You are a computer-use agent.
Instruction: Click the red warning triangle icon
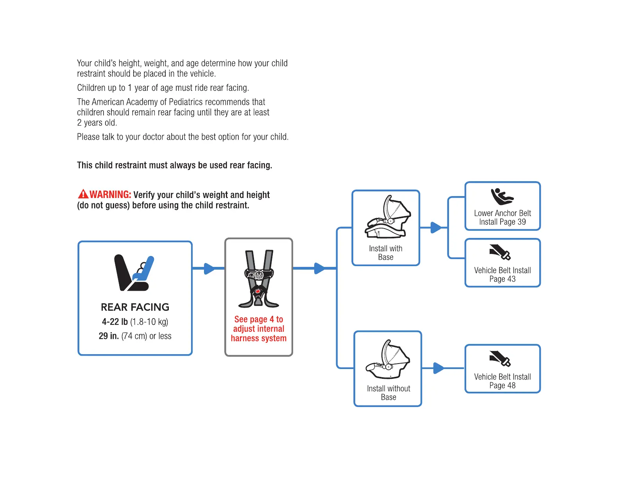(83, 194)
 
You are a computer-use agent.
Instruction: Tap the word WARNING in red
(110, 194)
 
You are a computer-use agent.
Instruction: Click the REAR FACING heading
(135, 307)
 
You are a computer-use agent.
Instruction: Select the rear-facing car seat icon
(134, 273)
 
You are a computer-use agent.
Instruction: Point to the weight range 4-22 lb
(115, 322)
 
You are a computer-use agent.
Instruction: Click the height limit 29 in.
(109, 336)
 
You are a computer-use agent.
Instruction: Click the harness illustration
(258, 279)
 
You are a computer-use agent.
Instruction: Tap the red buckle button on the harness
(258, 292)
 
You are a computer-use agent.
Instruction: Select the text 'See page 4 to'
(258, 319)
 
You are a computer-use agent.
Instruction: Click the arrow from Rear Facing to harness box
(209, 268)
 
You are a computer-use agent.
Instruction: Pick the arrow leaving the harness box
(319, 268)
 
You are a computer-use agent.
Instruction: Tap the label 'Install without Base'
(388, 393)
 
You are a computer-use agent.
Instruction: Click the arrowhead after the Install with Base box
(436, 227)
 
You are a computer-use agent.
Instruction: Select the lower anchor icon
(502, 196)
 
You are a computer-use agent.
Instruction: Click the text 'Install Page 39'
(502, 222)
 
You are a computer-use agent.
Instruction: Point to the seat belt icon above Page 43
(500, 252)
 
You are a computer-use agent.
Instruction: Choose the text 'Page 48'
(502, 385)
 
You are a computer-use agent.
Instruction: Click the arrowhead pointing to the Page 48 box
(439, 368)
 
